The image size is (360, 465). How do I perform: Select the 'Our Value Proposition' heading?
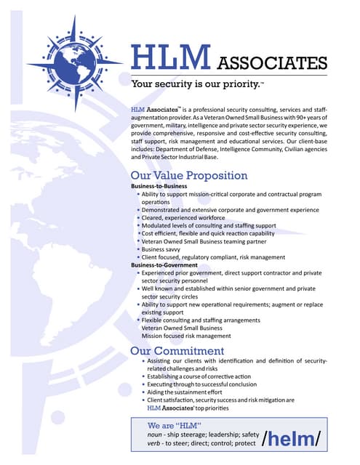188,176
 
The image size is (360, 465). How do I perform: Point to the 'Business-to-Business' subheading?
163,187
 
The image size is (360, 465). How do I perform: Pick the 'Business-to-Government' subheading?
166,265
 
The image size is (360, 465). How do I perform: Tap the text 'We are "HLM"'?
174,424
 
